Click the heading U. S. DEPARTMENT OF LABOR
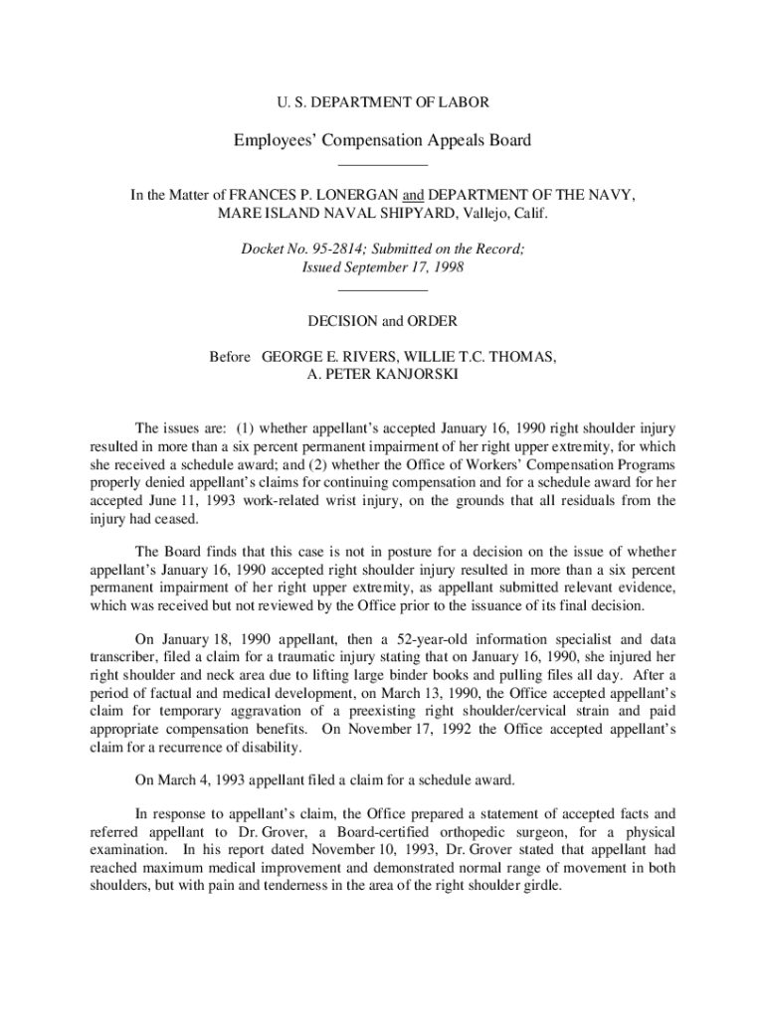point(382,101)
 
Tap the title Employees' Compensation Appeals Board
point(382,140)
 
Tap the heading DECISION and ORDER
point(382,321)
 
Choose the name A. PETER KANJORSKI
point(382,375)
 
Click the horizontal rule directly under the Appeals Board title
point(382,164)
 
